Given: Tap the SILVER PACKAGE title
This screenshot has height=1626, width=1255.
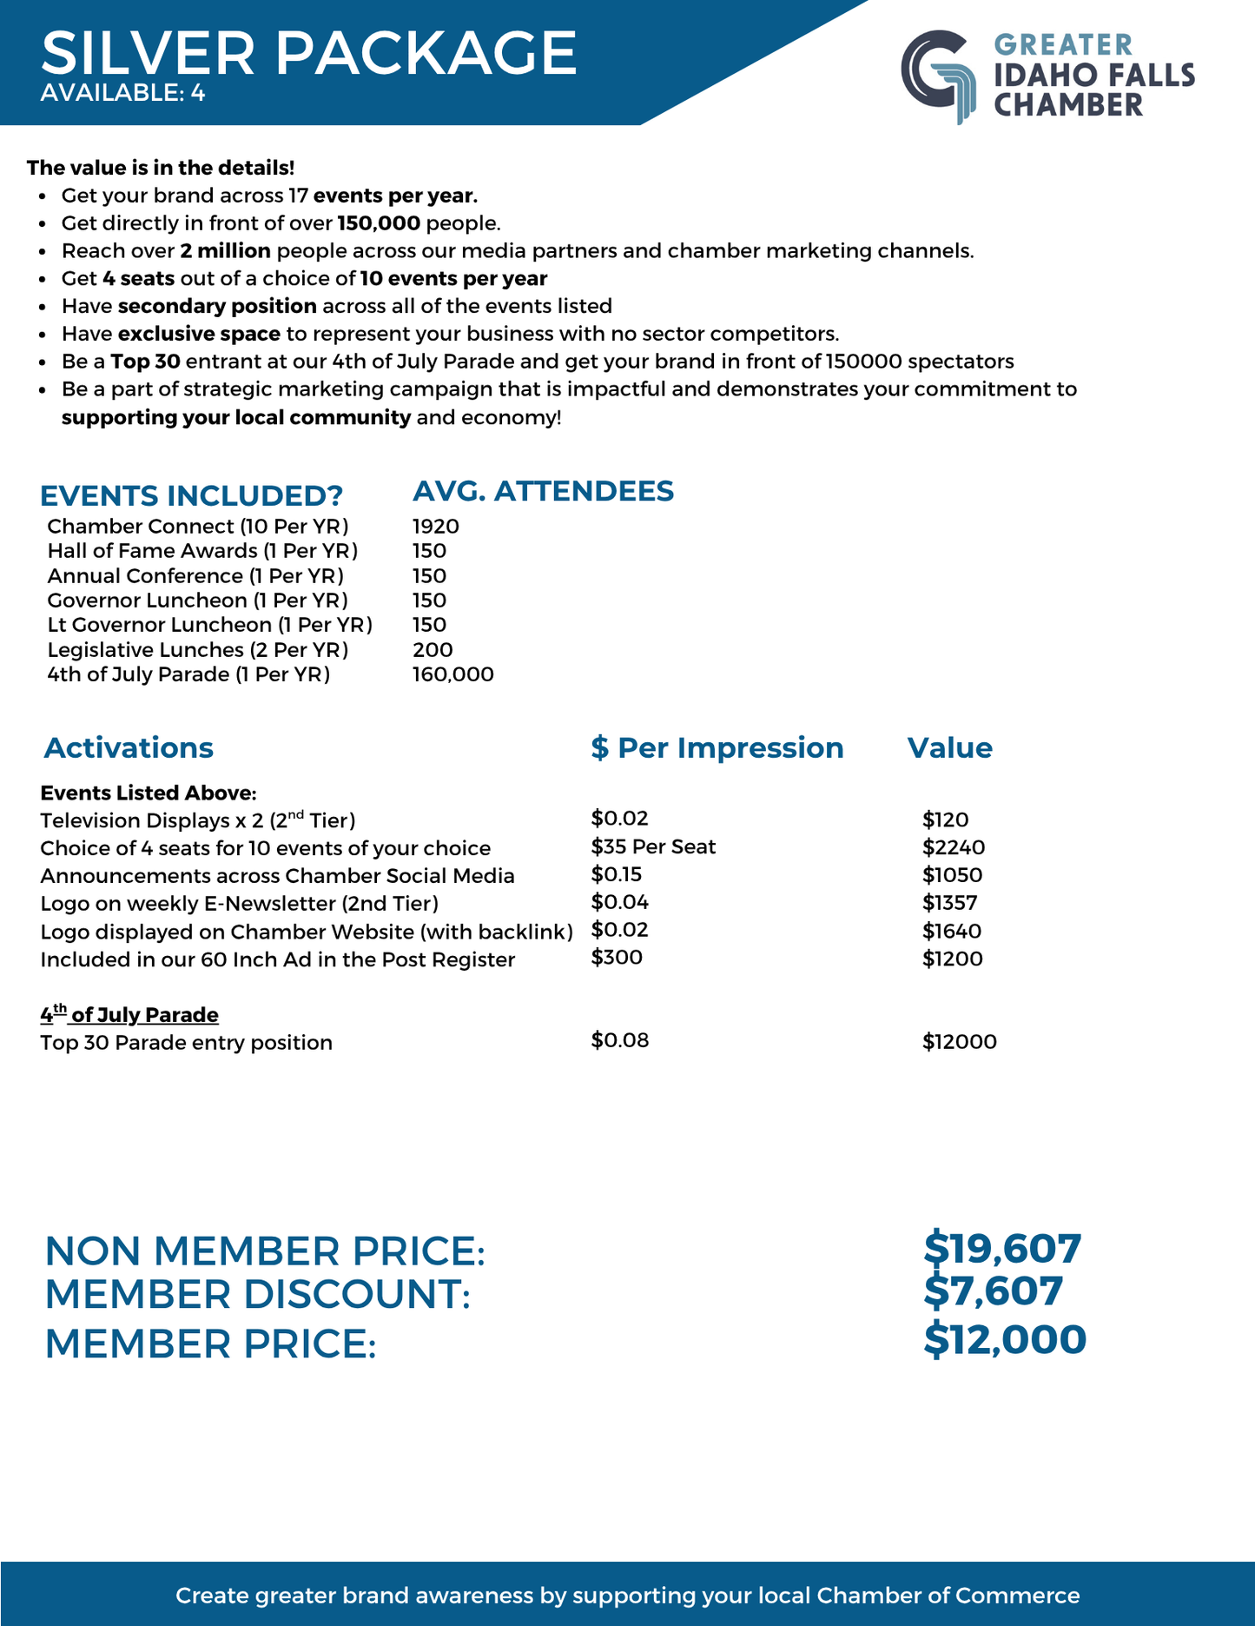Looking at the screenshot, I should pyautogui.click(x=308, y=53).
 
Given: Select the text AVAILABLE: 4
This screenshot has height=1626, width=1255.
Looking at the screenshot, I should pyautogui.click(x=122, y=93).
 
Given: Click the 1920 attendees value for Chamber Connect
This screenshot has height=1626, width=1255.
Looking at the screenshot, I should pyautogui.click(x=435, y=527).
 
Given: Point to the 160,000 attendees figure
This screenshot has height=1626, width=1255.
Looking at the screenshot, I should pyautogui.click(x=452, y=674).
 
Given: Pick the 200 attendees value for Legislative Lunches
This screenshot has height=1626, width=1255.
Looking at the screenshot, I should pyautogui.click(x=433, y=650).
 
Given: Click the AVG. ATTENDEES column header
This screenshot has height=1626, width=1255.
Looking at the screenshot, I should pyautogui.click(x=543, y=491).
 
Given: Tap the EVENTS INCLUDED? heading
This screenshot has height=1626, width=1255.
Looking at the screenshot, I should pyautogui.click(x=191, y=495).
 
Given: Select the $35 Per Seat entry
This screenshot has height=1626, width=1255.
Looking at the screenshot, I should pyautogui.click(x=653, y=846).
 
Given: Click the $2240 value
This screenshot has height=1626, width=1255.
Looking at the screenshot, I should pyautogui.click(x=953, y=847).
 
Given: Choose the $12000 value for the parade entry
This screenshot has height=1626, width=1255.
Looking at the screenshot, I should pyautogui.click(x=959, y=1042).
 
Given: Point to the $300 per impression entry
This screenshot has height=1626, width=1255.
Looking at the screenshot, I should pyautogui.click(x=617, y=958).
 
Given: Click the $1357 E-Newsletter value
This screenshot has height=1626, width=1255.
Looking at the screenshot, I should pyautogui.click(x=949, y=903).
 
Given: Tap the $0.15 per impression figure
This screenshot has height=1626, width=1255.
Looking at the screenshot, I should pyautogui.click(x=616, y=874).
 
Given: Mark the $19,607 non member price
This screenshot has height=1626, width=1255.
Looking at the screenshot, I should pyautogui.click(x=1002, y=1249).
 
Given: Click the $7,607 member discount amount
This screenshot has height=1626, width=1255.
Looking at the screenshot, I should pyautogui.click(x=993, y=1291).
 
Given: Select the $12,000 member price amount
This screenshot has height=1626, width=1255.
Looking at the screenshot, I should pyautogui.click(x=1005, y=1340).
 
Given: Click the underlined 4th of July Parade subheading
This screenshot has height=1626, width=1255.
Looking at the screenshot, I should pyautogui.click(x=129, y=1014).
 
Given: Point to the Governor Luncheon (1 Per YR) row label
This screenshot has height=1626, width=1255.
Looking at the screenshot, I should pyautogui.click(x=197, y=601).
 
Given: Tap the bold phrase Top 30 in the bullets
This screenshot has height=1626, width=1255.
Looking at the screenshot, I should pyautogui.click(x=145, y=362).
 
